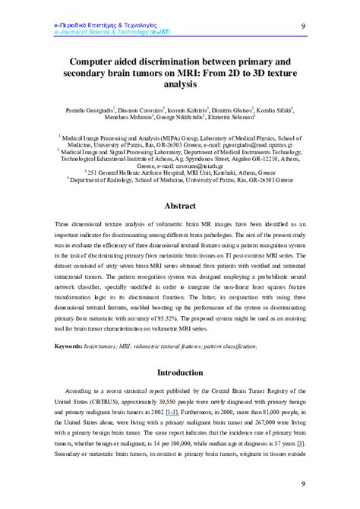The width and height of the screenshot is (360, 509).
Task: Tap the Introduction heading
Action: tap(180, 373)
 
